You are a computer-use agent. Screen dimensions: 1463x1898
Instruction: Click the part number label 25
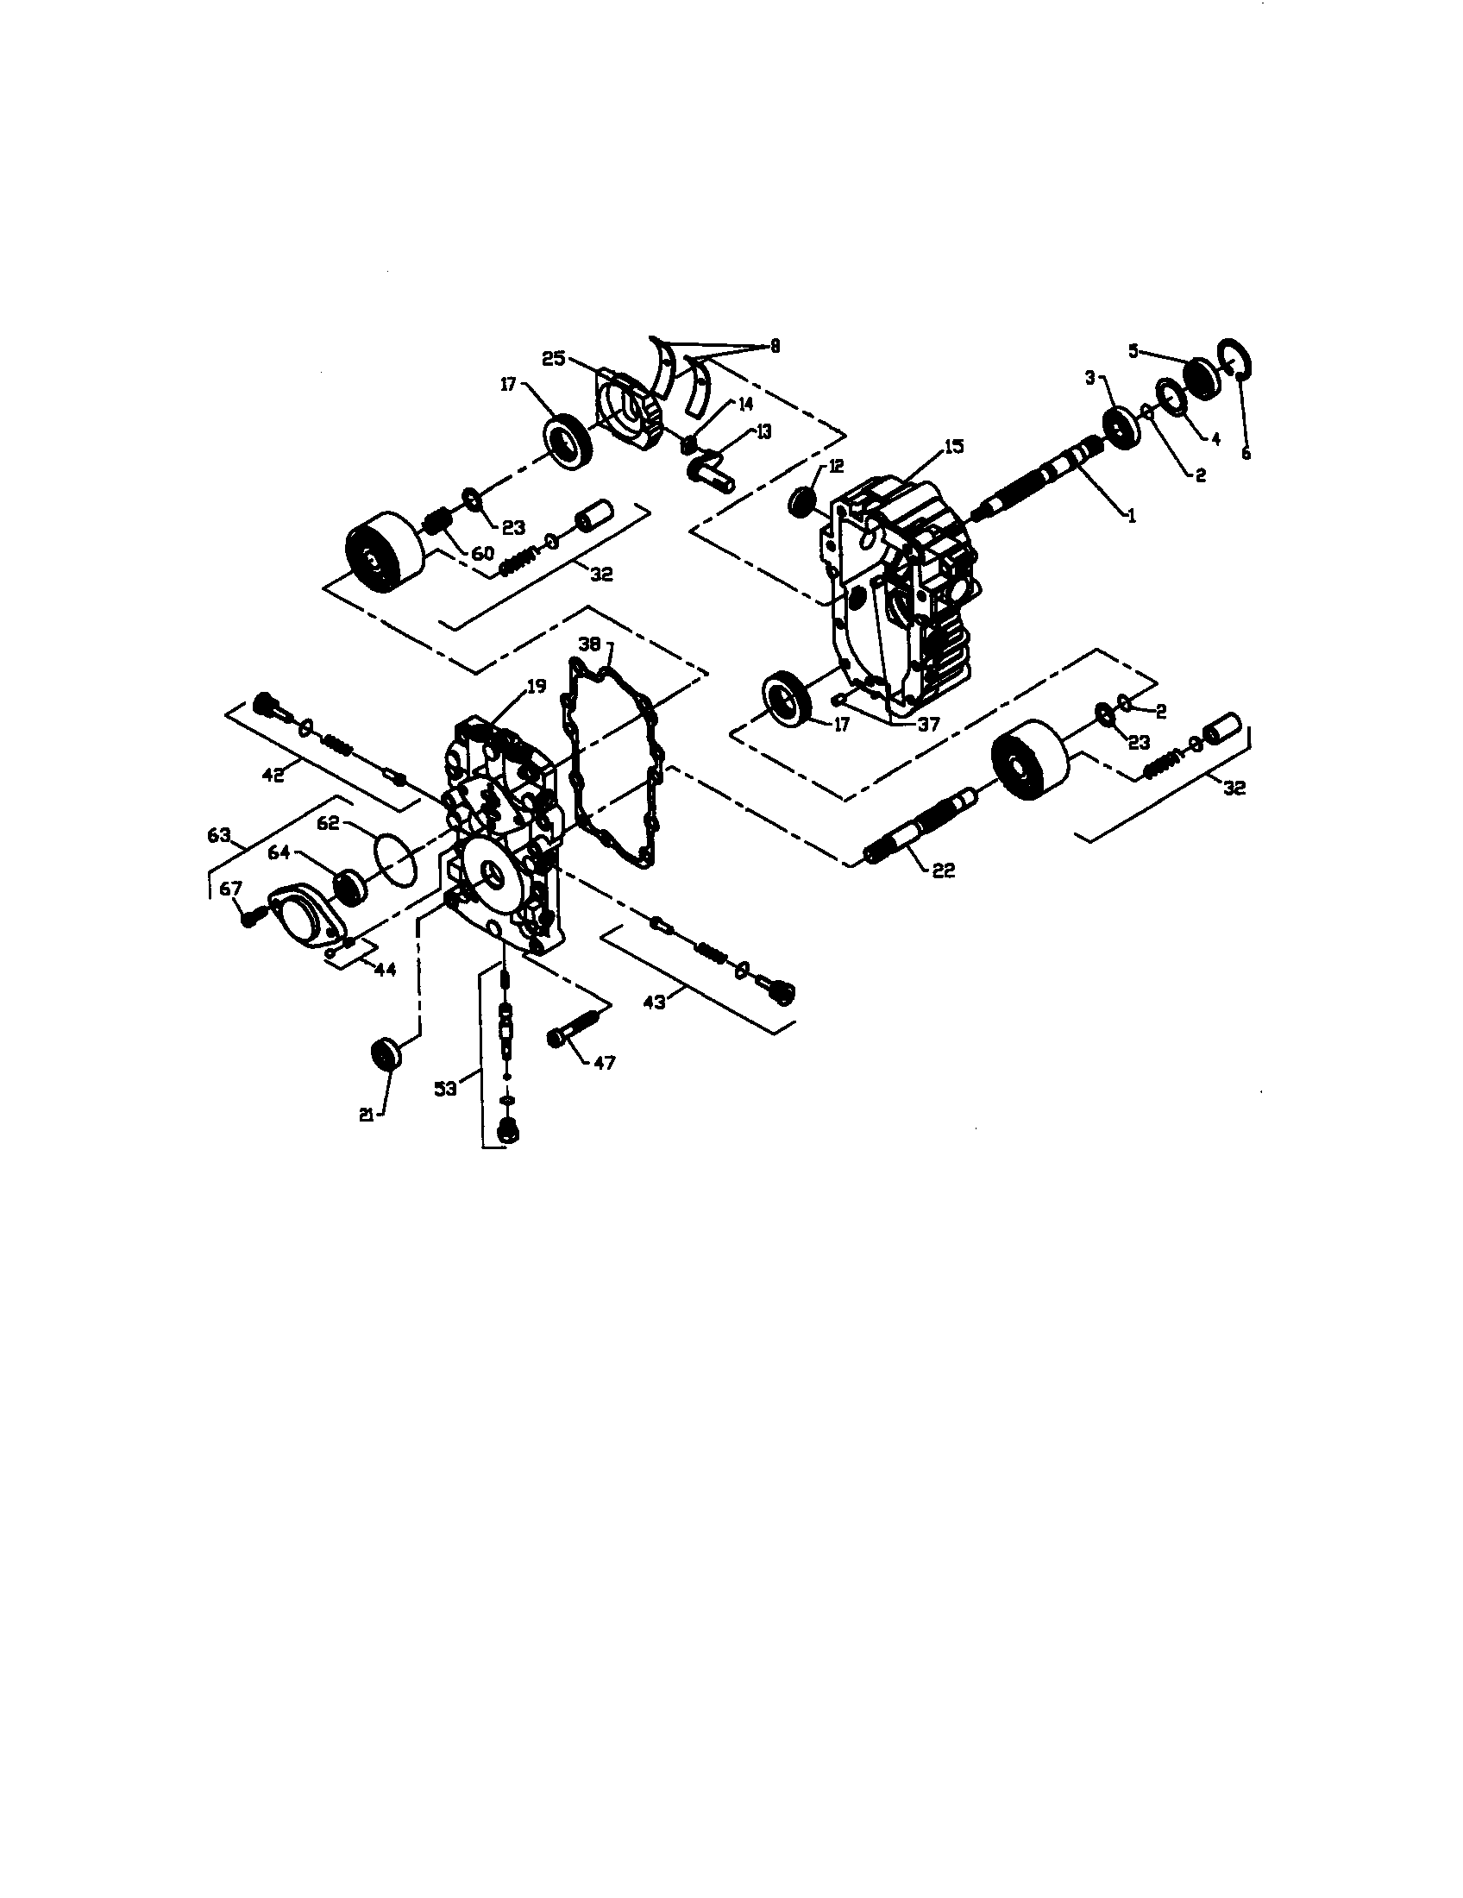[555, 358]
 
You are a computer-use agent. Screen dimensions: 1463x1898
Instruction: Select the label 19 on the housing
[536, 687]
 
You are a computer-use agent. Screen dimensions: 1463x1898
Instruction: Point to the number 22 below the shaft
[943, 870]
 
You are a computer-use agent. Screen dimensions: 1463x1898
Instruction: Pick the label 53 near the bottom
[446, 1088]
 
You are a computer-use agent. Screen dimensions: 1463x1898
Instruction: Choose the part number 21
[367, 1116]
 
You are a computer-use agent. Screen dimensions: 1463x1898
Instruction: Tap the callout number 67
[230, 887]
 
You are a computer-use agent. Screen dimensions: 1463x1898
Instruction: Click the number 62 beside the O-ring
[327, 823]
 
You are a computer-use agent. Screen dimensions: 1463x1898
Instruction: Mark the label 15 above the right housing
[954, 447]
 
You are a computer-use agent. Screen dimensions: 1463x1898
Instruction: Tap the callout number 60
[482, 553]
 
